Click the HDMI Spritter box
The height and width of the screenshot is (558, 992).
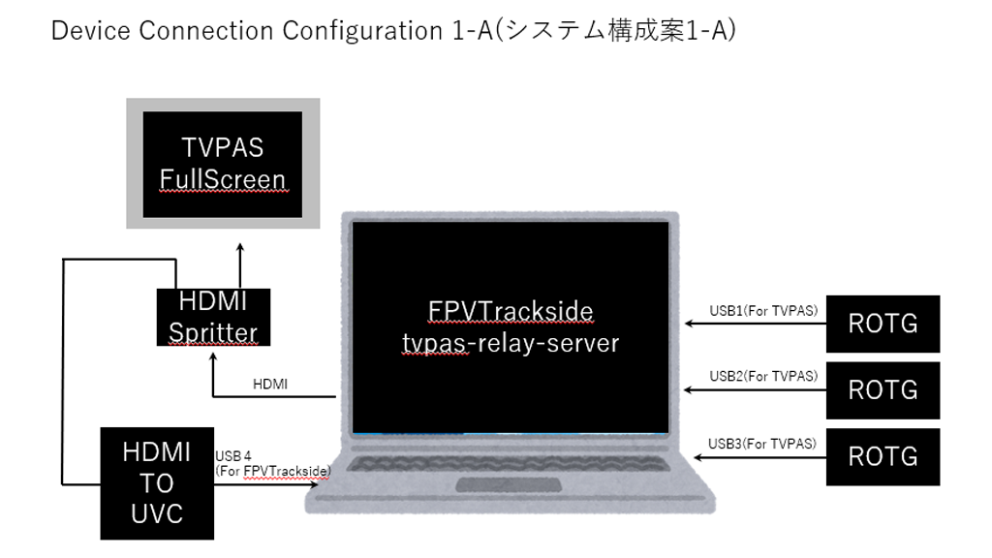tap(213, 317)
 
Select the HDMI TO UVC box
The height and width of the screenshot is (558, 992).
tap(157, 481)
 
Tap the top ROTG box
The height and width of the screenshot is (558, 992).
tap(883, 324)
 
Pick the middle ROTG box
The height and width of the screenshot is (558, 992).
tap(883, 389)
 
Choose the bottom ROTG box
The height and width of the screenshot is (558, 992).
tap(883, 456)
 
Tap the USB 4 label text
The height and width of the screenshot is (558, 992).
tap(233, 455)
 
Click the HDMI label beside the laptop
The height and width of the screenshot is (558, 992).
tap(269, 385)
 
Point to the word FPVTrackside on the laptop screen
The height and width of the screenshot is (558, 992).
tap(511, 312)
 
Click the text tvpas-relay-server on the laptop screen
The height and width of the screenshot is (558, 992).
tap(511, 343)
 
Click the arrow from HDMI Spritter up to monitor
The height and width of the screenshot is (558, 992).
tap(240, 266)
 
